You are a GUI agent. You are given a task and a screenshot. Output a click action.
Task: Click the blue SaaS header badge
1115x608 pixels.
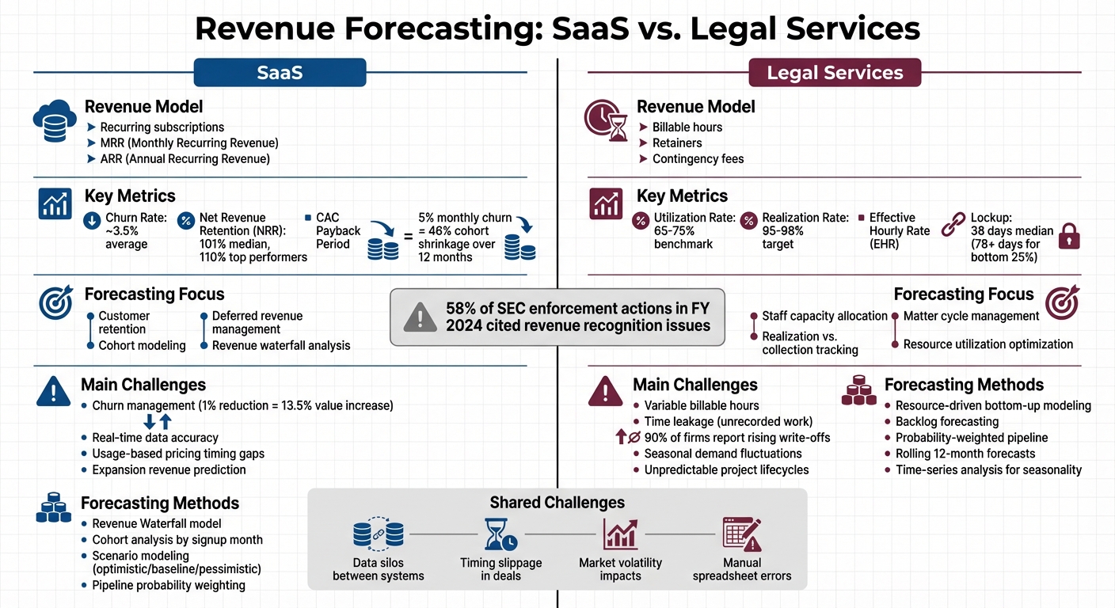(x=280, y=73)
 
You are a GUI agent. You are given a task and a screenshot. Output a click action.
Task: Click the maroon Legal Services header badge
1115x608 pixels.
(x=835, y=73)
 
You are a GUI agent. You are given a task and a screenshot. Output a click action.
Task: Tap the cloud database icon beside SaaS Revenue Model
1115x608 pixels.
(x=55, y=120)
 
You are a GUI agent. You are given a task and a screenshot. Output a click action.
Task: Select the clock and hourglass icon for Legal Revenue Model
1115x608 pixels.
(x=606, y=120)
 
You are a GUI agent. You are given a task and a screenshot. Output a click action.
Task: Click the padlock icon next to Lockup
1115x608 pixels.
(x=1069, y=235)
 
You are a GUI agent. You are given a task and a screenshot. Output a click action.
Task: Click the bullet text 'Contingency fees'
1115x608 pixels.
(x=698, y=159)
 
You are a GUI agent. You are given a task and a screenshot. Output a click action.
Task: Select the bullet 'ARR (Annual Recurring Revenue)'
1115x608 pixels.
(x=185, y=159)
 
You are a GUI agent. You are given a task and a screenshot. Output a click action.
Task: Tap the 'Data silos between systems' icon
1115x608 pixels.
(x=378, y=534)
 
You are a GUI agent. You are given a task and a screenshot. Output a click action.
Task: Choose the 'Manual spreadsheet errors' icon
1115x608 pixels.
(x=741, y=534)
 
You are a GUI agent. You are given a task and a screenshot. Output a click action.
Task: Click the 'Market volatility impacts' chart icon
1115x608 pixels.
(x=620, y=534)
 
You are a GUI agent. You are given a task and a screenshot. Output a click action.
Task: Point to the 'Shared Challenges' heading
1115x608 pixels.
(x=557, y=503)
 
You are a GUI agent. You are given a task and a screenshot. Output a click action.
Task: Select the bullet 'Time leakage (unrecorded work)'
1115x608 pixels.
(x=728, y=422)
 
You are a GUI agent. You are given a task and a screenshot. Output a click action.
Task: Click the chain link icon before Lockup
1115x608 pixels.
(x=953, y=225)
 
